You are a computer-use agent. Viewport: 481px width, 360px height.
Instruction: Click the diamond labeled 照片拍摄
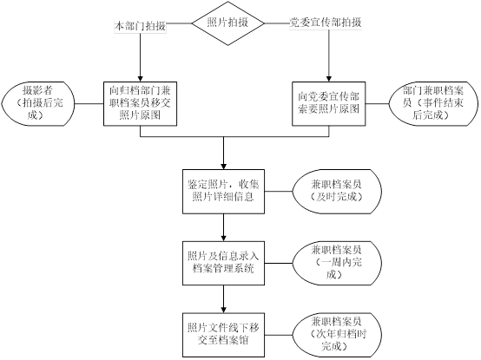pyautogui.click(x=228, y=23)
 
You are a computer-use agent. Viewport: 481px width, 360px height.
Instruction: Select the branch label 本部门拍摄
pyautogui.click(x=140, y=26)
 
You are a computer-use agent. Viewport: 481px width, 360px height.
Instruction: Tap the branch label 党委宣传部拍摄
pyautogui.click(x=326, y=23)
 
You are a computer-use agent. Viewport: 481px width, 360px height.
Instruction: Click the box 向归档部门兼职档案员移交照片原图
pyautogui.click(x=140, y=103)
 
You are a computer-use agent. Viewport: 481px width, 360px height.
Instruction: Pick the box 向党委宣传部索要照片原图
pyautogui.click(x=328, y=103)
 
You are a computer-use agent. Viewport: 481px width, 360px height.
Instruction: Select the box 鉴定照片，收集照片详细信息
pyautogui.click(x=224, y=192)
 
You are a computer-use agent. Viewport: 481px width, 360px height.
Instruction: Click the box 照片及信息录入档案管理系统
pyautogui.click(x=224, y=263)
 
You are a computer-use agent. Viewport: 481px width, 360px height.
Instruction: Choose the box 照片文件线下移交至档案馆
pyautogui.click(x=224, y=335)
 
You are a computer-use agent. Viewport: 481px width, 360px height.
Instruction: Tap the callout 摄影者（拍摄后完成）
pyautogui.click(x=38, y=103)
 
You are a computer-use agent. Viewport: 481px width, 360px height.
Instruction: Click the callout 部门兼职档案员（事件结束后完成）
pyautogui.click(x=433, y=103)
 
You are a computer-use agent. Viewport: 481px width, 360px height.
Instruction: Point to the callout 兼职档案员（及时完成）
pyautogui.click(x=337, y=192)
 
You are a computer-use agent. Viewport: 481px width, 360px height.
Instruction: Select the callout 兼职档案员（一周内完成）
pyautogui.click(x=337, y=263)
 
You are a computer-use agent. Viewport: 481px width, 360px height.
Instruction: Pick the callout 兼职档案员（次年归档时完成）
pyautogui.click(x=337, y=335)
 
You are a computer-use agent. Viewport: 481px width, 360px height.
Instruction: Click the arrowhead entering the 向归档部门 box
pyautogui.click(x=140, y=78)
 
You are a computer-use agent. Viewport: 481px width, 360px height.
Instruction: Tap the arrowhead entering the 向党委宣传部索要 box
pyautogui.click(x=329, y=78)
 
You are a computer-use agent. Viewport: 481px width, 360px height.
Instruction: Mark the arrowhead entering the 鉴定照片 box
pyautogui.click(x=224, y=166)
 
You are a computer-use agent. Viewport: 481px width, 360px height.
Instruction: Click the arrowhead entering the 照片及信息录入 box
pyautogui.click(x=224, y=238)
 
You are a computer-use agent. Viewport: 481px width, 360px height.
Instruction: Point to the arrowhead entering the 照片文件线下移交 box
pyautogui.click(x=224, y=310)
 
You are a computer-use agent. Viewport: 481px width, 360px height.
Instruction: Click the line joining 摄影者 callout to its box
pyautogui.click(x=89, y=103)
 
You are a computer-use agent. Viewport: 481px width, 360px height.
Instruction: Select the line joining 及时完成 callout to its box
pyautogui.click(x=279, y=192)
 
